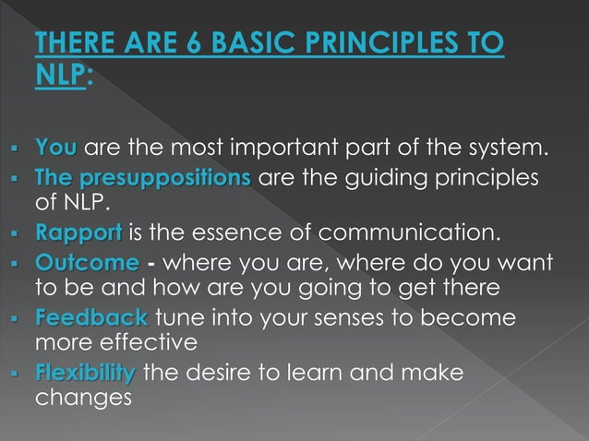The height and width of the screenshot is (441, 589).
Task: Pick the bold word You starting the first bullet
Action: (55, 148)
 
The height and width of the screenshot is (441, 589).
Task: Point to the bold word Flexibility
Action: (85, 375)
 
